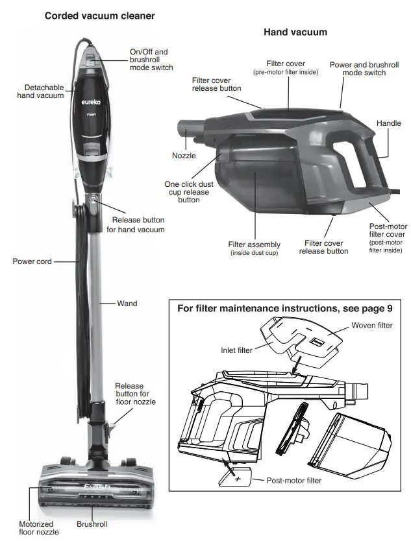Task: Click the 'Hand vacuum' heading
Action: click(295, 32)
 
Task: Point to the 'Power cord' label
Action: click(32, 261)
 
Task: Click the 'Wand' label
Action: click(127, 303)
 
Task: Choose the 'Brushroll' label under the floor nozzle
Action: click(92, 523)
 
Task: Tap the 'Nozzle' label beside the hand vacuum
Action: click(184, 156)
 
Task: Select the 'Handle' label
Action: click(389, 123)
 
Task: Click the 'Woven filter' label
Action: click(372, 325)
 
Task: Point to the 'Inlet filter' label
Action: click(236, 350)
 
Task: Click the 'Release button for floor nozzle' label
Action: click(136, 394)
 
